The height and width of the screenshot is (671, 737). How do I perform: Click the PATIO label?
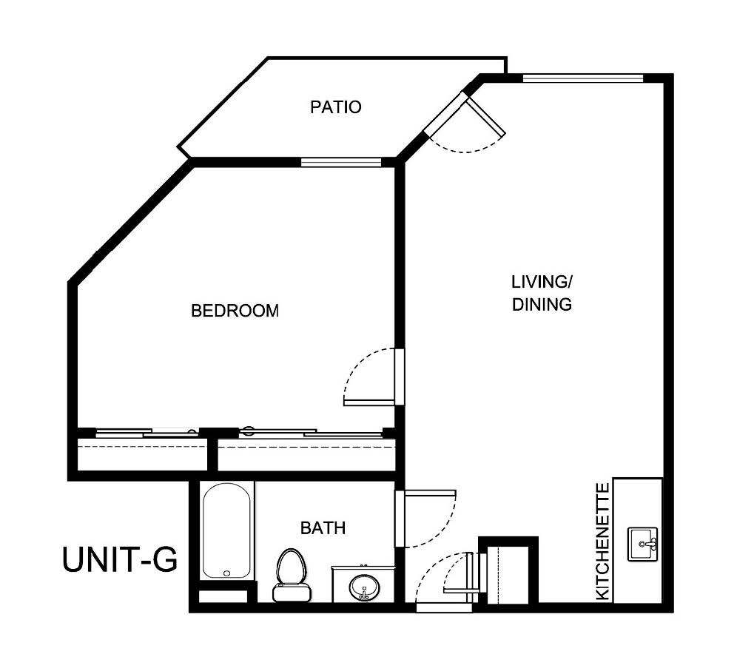point(335,107)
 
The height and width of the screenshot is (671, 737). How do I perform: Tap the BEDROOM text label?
point(235,311)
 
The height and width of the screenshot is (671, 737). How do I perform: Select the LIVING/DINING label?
point(542,293)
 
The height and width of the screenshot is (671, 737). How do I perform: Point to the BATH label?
point(323,528)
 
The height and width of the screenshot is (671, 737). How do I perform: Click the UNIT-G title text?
point(120,559)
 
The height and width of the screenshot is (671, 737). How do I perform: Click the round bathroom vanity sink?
point(363,588)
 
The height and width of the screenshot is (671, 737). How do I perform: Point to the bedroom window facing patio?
point(340,162)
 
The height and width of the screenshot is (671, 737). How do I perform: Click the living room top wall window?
point(582,78)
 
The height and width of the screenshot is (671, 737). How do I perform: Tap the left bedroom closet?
point(142,455)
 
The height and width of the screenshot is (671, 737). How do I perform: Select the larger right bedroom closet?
point(306,455)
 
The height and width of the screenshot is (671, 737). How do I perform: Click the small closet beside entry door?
point(508,573)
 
